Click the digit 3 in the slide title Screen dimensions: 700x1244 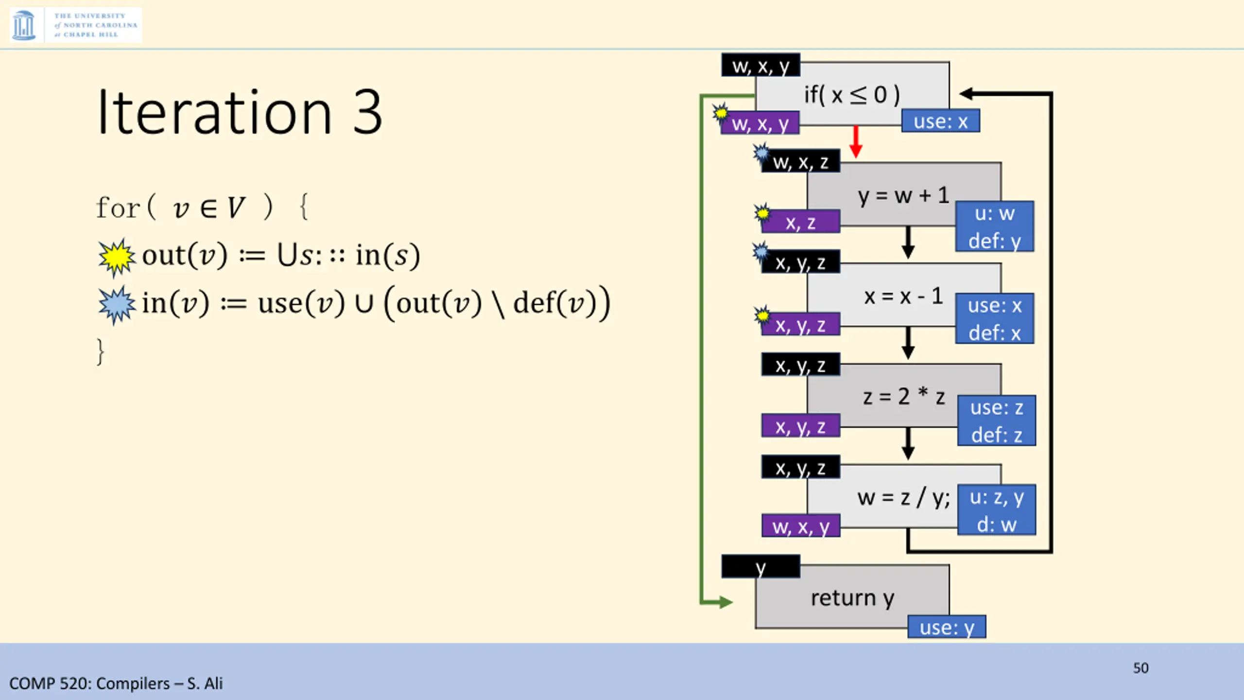pyautogui.click(x=367, y=112)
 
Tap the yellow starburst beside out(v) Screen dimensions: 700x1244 pyautogui.click(x=117, y=257)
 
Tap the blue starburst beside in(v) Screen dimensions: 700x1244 pyautogui.click(x=116, y=305)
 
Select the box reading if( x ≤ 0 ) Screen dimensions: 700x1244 pyautogui.click(x=851, y=94)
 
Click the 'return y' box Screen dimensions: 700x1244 pyautogui.click(x=851, y=597)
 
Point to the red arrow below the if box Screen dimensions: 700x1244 pyautogui.click(x=856, y=141)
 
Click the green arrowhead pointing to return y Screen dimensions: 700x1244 pyautogui.click(x=725, y=602)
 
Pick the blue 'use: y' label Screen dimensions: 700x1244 pyautogui.click(x=947, y=627)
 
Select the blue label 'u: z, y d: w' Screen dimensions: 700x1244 pyautogui.click(x=996, y=510)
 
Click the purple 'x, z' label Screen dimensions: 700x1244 pyautogui.click(x=801, y=223)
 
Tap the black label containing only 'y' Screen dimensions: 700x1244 pyautogui.click(x=760, y=567)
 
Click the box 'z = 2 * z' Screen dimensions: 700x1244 pyautogui.click(x=903, y=396)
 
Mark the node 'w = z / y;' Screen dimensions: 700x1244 pyautogui.click(x=903, y=497)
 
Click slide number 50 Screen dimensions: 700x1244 pyautogui.click(x=1140, y=668)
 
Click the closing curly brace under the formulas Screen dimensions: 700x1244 pyautogui.click(x=101, y=351)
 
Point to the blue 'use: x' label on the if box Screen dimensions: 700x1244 pyautogui.click(x=940, y=121)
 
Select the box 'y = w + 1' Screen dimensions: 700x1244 pyautogui.click(x=903, y=195)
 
